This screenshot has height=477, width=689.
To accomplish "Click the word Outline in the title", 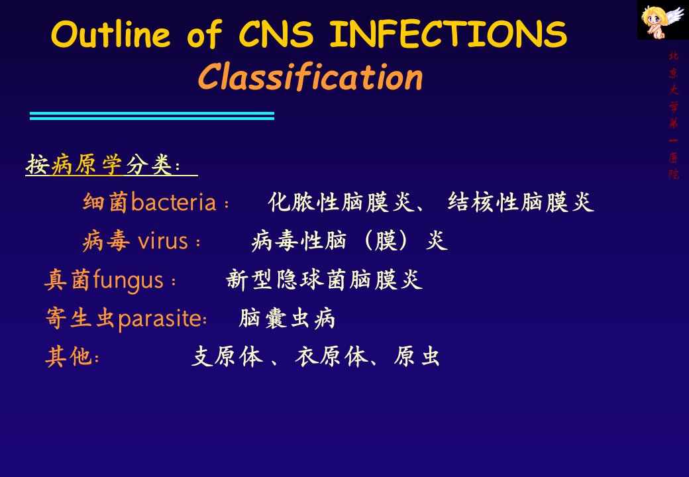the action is pyautogui.click(x=111, y=34).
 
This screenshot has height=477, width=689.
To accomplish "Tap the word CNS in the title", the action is pyautogui.click(x=276, y=34).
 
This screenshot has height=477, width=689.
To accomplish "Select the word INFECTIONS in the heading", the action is pyautogui.click(x=449, y=34).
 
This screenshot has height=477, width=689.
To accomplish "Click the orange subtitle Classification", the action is pyautogui.click(x=310, y=78).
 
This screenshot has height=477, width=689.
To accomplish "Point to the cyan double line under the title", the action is pyautogui.click(x=152, y=116).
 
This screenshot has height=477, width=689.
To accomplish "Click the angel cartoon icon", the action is pyautogui.click(x=662, y=20).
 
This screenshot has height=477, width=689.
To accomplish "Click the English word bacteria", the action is pyautogui.click(x=174, y=203).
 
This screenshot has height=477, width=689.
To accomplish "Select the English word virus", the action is pyautogui.click(x=163, y=241).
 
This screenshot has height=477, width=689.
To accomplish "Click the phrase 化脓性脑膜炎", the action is pyautogui.click(x=341, y=203).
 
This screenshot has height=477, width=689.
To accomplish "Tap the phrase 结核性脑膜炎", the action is pyautogui.click(x=521, y=203).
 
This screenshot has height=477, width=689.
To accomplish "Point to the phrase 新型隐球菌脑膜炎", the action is pyautogui.click(x=324, y=280).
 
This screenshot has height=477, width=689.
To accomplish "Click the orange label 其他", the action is pyautogui.click(x=68, y=356).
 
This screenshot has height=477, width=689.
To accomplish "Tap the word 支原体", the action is pyautogui.click(x=228, y=356).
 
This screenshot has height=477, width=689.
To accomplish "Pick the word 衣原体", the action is pyautogui.click(x=332, y=356).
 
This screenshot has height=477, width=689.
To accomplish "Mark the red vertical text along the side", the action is pyautogui.click(x=673, y=115).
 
